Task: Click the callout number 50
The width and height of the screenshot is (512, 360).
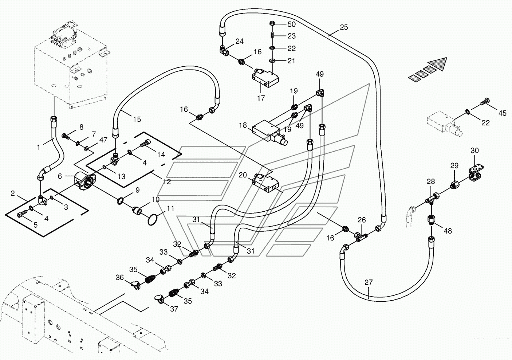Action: tap(291, 24)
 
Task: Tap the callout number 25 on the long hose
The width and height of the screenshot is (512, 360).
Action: tap(344, 27)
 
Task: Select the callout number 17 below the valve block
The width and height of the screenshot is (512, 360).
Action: tap(261, 98)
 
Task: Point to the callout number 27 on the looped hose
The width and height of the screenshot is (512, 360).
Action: tap(369, 282)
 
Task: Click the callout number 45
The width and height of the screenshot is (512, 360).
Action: tap(502, 113)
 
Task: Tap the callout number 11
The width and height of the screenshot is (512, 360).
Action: tap(170, 208)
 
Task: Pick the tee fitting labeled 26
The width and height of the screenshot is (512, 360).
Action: tap(361, 236)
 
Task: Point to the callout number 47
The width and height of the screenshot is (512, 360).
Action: tap(103, 140)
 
